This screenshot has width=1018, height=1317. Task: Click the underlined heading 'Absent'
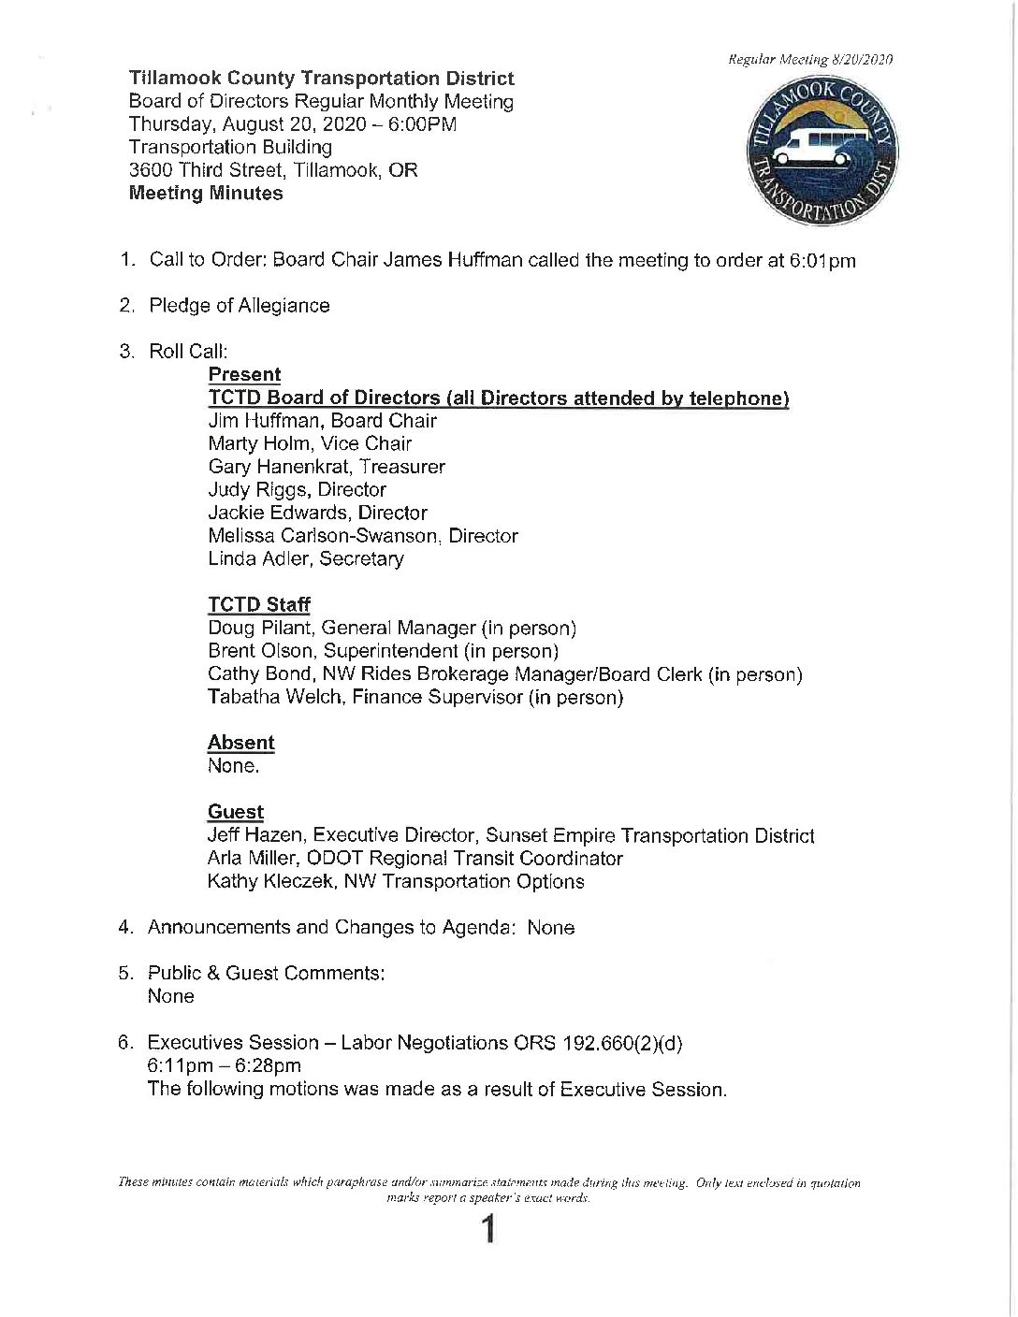[x=240, y=743]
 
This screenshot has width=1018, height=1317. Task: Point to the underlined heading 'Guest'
[x=236, y=812]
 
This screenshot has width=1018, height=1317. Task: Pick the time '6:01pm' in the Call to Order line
[x=823, y=261]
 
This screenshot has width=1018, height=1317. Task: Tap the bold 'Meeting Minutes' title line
[x=206, y=194]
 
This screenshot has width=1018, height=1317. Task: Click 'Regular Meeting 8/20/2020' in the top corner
[x=810, y=60]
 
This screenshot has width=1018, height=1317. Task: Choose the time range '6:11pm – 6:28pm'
[x=224, y=1066]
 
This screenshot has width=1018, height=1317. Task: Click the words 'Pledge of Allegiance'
[x=240, y=306]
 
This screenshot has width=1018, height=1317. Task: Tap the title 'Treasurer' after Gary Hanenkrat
[x=406, y=467]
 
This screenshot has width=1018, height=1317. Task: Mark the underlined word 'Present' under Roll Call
[x=244, y=375]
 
